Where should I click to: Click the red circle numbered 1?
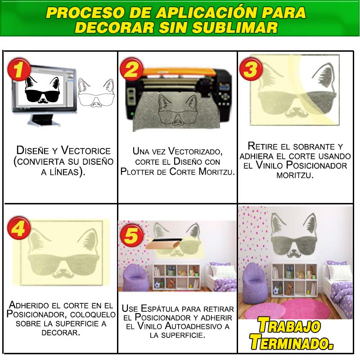(19, 69)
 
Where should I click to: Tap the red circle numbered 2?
(131, 69)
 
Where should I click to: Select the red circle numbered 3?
(251, 69)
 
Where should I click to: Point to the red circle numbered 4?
(19, 228)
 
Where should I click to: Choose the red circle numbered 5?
(131, 235)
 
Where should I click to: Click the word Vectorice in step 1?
(85, 150)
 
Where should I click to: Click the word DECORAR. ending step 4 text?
(61, 333)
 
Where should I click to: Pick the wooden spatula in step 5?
(164, 243)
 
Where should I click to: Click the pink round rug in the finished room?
(298, 310)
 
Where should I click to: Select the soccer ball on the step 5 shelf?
(157, 285)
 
